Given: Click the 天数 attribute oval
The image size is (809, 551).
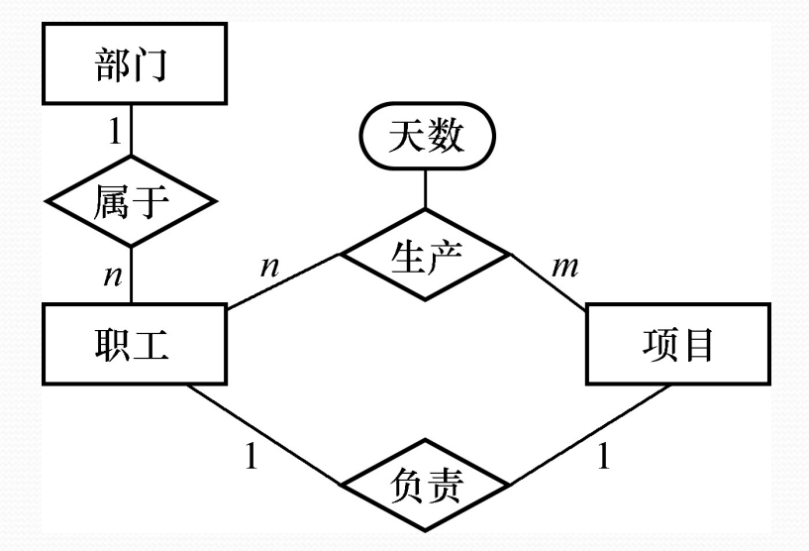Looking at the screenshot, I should tap(425, 136).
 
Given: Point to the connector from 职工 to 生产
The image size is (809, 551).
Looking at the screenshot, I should tap(283, 281).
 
